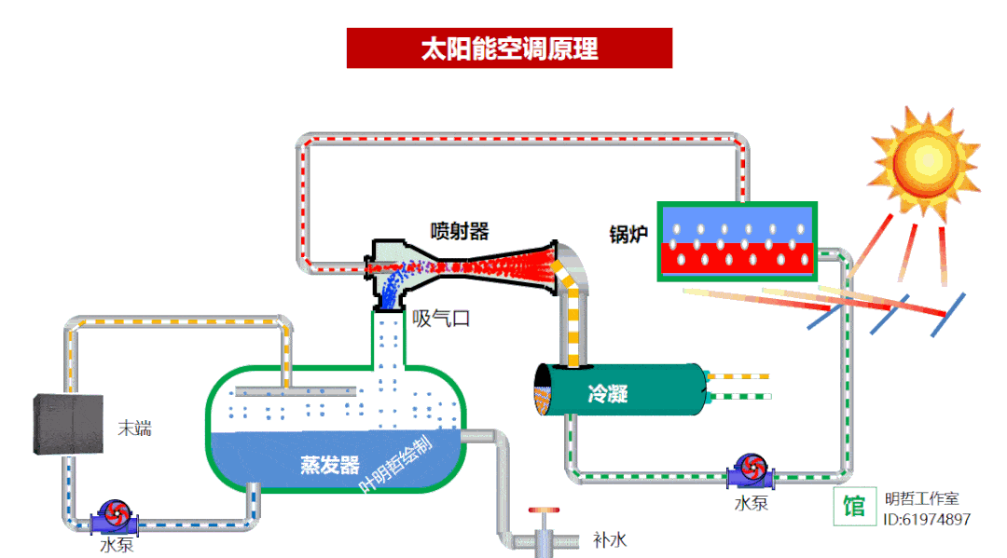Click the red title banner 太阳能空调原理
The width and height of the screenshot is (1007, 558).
click(x=509, y=48)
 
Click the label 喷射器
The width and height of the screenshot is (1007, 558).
click(x=459, y=230)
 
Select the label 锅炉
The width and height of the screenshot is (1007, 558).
click(x=628, y=233)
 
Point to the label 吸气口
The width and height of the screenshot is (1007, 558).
click(x=441, y=319)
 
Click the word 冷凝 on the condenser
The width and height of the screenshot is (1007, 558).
click(x=607, y=394)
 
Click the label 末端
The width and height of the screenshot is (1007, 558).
click(x=134, y=429)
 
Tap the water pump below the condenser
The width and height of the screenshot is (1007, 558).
click(x=750, y=471)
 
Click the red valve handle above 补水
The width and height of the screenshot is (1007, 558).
click(x=542, y=511)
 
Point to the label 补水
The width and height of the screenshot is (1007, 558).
click(x=610, y=539)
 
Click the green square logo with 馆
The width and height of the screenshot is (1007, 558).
click(x=854, y=507)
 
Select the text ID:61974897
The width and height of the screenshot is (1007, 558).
click(x=927, y=520)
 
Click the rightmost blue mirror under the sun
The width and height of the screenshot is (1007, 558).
click(x=949, y=315)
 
